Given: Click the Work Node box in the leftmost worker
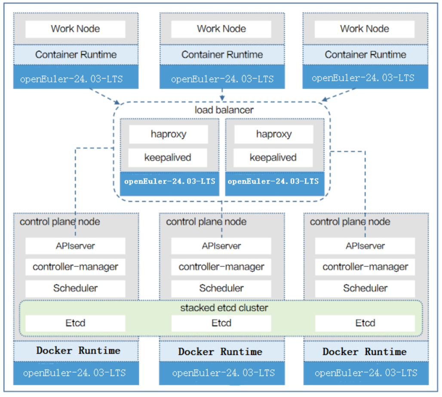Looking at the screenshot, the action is (75, 29).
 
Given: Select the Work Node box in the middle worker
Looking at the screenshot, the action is (221, 29).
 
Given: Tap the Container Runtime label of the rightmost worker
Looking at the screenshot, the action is (365, 55).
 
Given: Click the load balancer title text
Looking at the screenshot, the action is (224, 110).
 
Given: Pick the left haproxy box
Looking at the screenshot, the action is (169, 134).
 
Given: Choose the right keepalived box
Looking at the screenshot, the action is (273, 158).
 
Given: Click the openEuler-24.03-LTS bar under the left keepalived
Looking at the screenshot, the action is (170, 183).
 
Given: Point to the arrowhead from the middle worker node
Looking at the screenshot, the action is (222, 98).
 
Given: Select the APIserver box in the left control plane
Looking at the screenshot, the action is (75, 246).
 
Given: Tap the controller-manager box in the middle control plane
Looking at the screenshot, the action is (221, 267).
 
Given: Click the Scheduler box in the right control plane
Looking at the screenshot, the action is (365, 288).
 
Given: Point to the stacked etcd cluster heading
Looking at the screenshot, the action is (224, 308).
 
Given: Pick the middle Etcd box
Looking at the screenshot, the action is (221, 323).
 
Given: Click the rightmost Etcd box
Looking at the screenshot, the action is (365, 323).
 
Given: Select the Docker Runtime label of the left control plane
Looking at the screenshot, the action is (78, 351).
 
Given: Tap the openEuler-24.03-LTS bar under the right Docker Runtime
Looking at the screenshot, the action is (366, 373).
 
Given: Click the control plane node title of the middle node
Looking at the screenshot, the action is (206, 222).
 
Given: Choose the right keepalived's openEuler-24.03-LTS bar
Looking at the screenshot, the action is (275, 183).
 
